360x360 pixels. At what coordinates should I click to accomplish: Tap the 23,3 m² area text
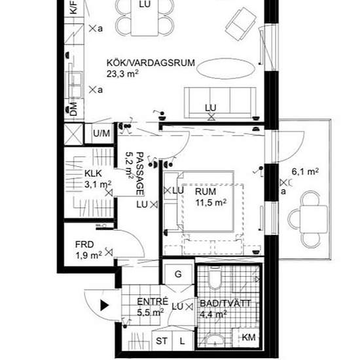[123, 75]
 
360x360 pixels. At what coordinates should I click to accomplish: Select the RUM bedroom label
[210, 191]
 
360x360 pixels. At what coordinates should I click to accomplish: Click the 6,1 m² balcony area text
[305, 172]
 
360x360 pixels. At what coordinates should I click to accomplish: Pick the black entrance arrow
[104, 304]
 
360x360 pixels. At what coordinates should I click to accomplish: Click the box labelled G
[177, 274]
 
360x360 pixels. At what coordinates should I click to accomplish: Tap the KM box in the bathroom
[248, 337]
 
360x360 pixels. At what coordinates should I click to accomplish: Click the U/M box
[102, 134]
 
